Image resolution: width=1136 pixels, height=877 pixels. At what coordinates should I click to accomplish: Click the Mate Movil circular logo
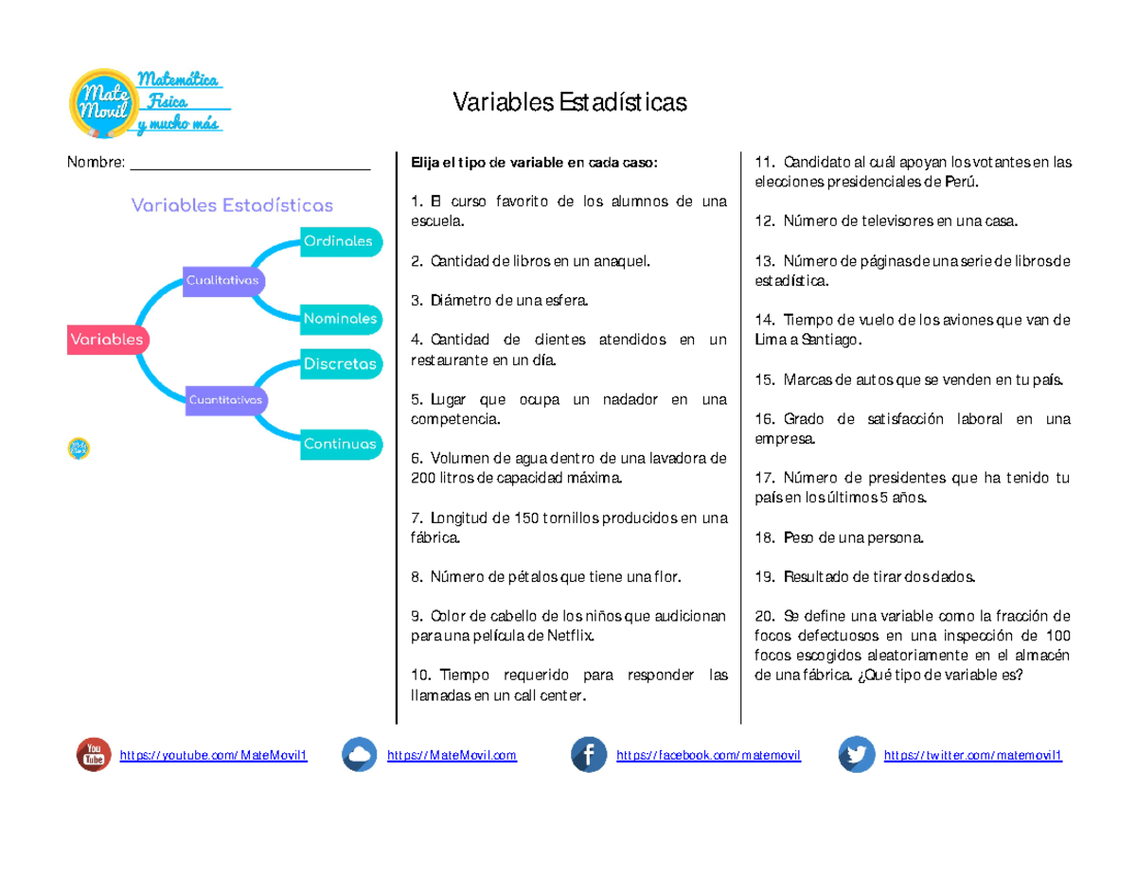coord(101,101)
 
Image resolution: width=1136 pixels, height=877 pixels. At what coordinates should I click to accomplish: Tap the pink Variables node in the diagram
coord(107,339)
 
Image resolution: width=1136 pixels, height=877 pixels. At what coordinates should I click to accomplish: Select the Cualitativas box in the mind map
coord(223,281)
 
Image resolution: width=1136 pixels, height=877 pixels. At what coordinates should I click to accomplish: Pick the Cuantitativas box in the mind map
coord(225,400)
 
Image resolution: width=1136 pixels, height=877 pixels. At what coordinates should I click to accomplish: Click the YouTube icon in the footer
coord(93,755)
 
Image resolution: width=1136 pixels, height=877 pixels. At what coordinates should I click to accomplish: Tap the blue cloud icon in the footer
coord(359,755)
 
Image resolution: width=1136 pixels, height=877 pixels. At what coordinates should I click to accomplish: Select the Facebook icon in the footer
coord(588,755)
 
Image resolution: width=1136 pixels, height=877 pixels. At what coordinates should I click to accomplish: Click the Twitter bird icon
coord(856,755)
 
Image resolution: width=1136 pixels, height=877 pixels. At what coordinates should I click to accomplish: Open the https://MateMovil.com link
coord(452,756)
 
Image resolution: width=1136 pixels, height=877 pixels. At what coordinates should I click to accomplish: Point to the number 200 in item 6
coord(423,479)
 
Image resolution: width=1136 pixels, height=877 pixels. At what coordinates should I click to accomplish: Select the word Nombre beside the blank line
coord(95,163)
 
